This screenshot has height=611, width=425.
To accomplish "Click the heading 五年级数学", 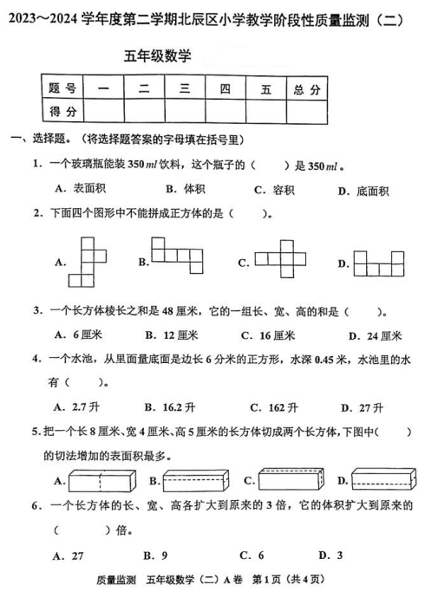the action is pos(158,56).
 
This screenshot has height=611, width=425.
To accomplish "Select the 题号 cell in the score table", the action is pos(62,88).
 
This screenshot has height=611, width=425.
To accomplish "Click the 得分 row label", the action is pos(62,110).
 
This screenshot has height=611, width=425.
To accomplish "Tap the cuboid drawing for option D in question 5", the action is pos(382,479).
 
